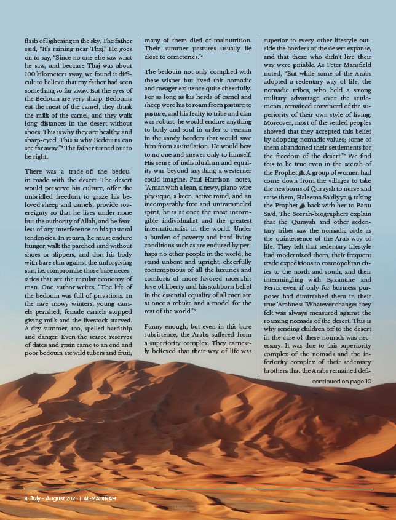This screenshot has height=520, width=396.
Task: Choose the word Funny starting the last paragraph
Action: click(156, 326)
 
